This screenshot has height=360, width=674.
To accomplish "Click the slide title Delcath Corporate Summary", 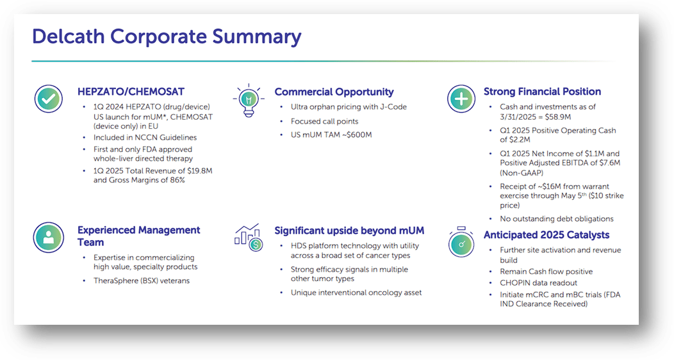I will pyautogui.click(x=166, y=37).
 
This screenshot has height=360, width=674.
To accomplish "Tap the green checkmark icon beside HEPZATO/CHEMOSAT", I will pyautogui.click(x=48, y=99).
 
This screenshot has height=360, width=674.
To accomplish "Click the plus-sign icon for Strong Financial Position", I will pyautogui.click(x=461, y=99).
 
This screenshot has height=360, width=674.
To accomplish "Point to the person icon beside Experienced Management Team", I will pyautogui.click(x=48, y=236).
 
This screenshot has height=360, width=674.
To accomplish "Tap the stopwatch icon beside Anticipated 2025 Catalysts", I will pyautogui.click(x=461, y=242).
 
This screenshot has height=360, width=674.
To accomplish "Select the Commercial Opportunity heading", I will pyautogui.click(x=334, y=92).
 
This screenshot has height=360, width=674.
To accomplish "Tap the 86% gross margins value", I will pyautogui.click(x=176, y=180).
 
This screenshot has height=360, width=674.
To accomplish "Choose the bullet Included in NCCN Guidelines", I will pyautogui.click(x=145, y=137).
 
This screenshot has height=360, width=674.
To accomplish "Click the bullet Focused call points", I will pyautogui.click(x=324, y=121).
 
